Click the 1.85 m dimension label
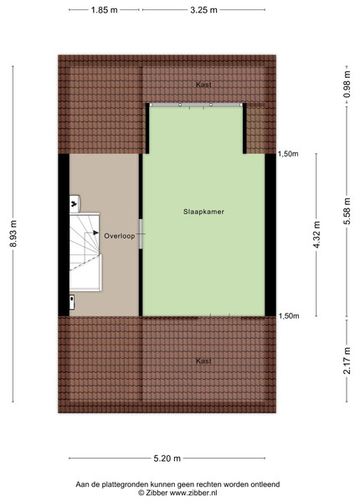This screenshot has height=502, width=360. [x=104, y=10]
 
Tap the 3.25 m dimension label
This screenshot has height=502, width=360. [x=203, y=10]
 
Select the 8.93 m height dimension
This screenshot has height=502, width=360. [x=13, y=234]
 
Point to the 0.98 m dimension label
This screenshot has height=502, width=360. [x=347, y=85]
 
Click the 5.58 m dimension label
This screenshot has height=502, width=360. [x=347, y=212]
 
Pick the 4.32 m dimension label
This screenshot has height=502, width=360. [x=316, y=234]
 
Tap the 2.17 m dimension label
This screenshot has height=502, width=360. [x=347, y=361]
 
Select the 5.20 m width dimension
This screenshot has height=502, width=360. [x=167, y=458]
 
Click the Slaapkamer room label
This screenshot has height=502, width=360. [x=203, y=212]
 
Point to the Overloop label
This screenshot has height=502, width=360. [x=120, y=236]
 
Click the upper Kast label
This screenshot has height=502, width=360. [x=203, y=85]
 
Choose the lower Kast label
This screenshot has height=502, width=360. [x=203, y=361]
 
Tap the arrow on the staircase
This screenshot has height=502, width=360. [x=95, y=233]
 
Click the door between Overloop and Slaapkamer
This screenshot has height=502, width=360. [x=141, y=233]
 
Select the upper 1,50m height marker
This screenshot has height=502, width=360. [x=288, y=154]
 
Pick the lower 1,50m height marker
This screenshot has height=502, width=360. [x=289, y=316]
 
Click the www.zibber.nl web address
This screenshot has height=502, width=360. [x=193, y=493]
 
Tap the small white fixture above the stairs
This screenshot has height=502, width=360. [x=75, y=203]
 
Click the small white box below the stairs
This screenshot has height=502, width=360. [x=72, y=302]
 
